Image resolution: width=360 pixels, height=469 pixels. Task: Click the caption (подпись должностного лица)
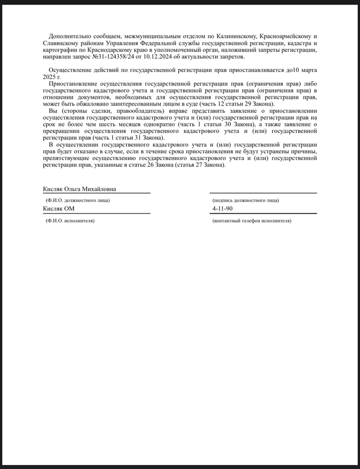point(245,200)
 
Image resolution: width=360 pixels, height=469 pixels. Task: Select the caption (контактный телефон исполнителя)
point(251,220)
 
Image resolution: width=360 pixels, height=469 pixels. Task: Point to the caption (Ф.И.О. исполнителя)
point(70,220)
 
